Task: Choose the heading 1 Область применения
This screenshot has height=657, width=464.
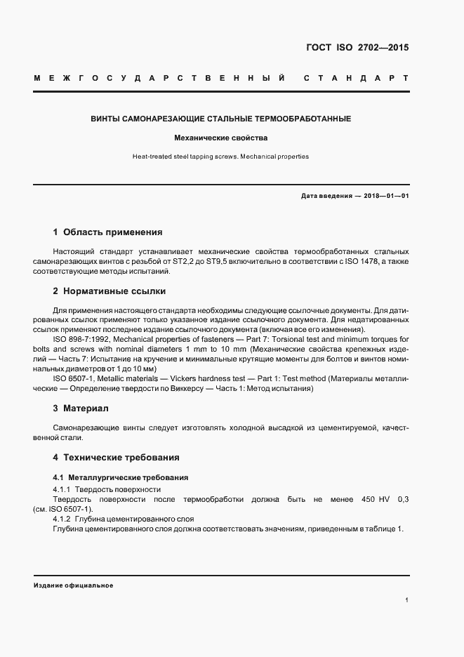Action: [x=107, y=232]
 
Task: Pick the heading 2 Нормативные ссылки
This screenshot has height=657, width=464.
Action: [x=110, y=291]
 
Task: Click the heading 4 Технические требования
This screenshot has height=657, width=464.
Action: [x=116, y=458]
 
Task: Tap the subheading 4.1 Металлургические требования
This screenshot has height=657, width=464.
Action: [x=117, y=477]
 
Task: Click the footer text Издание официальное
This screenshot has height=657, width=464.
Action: [x=73, y=585]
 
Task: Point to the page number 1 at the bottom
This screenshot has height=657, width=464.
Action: [x=407, y=600]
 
